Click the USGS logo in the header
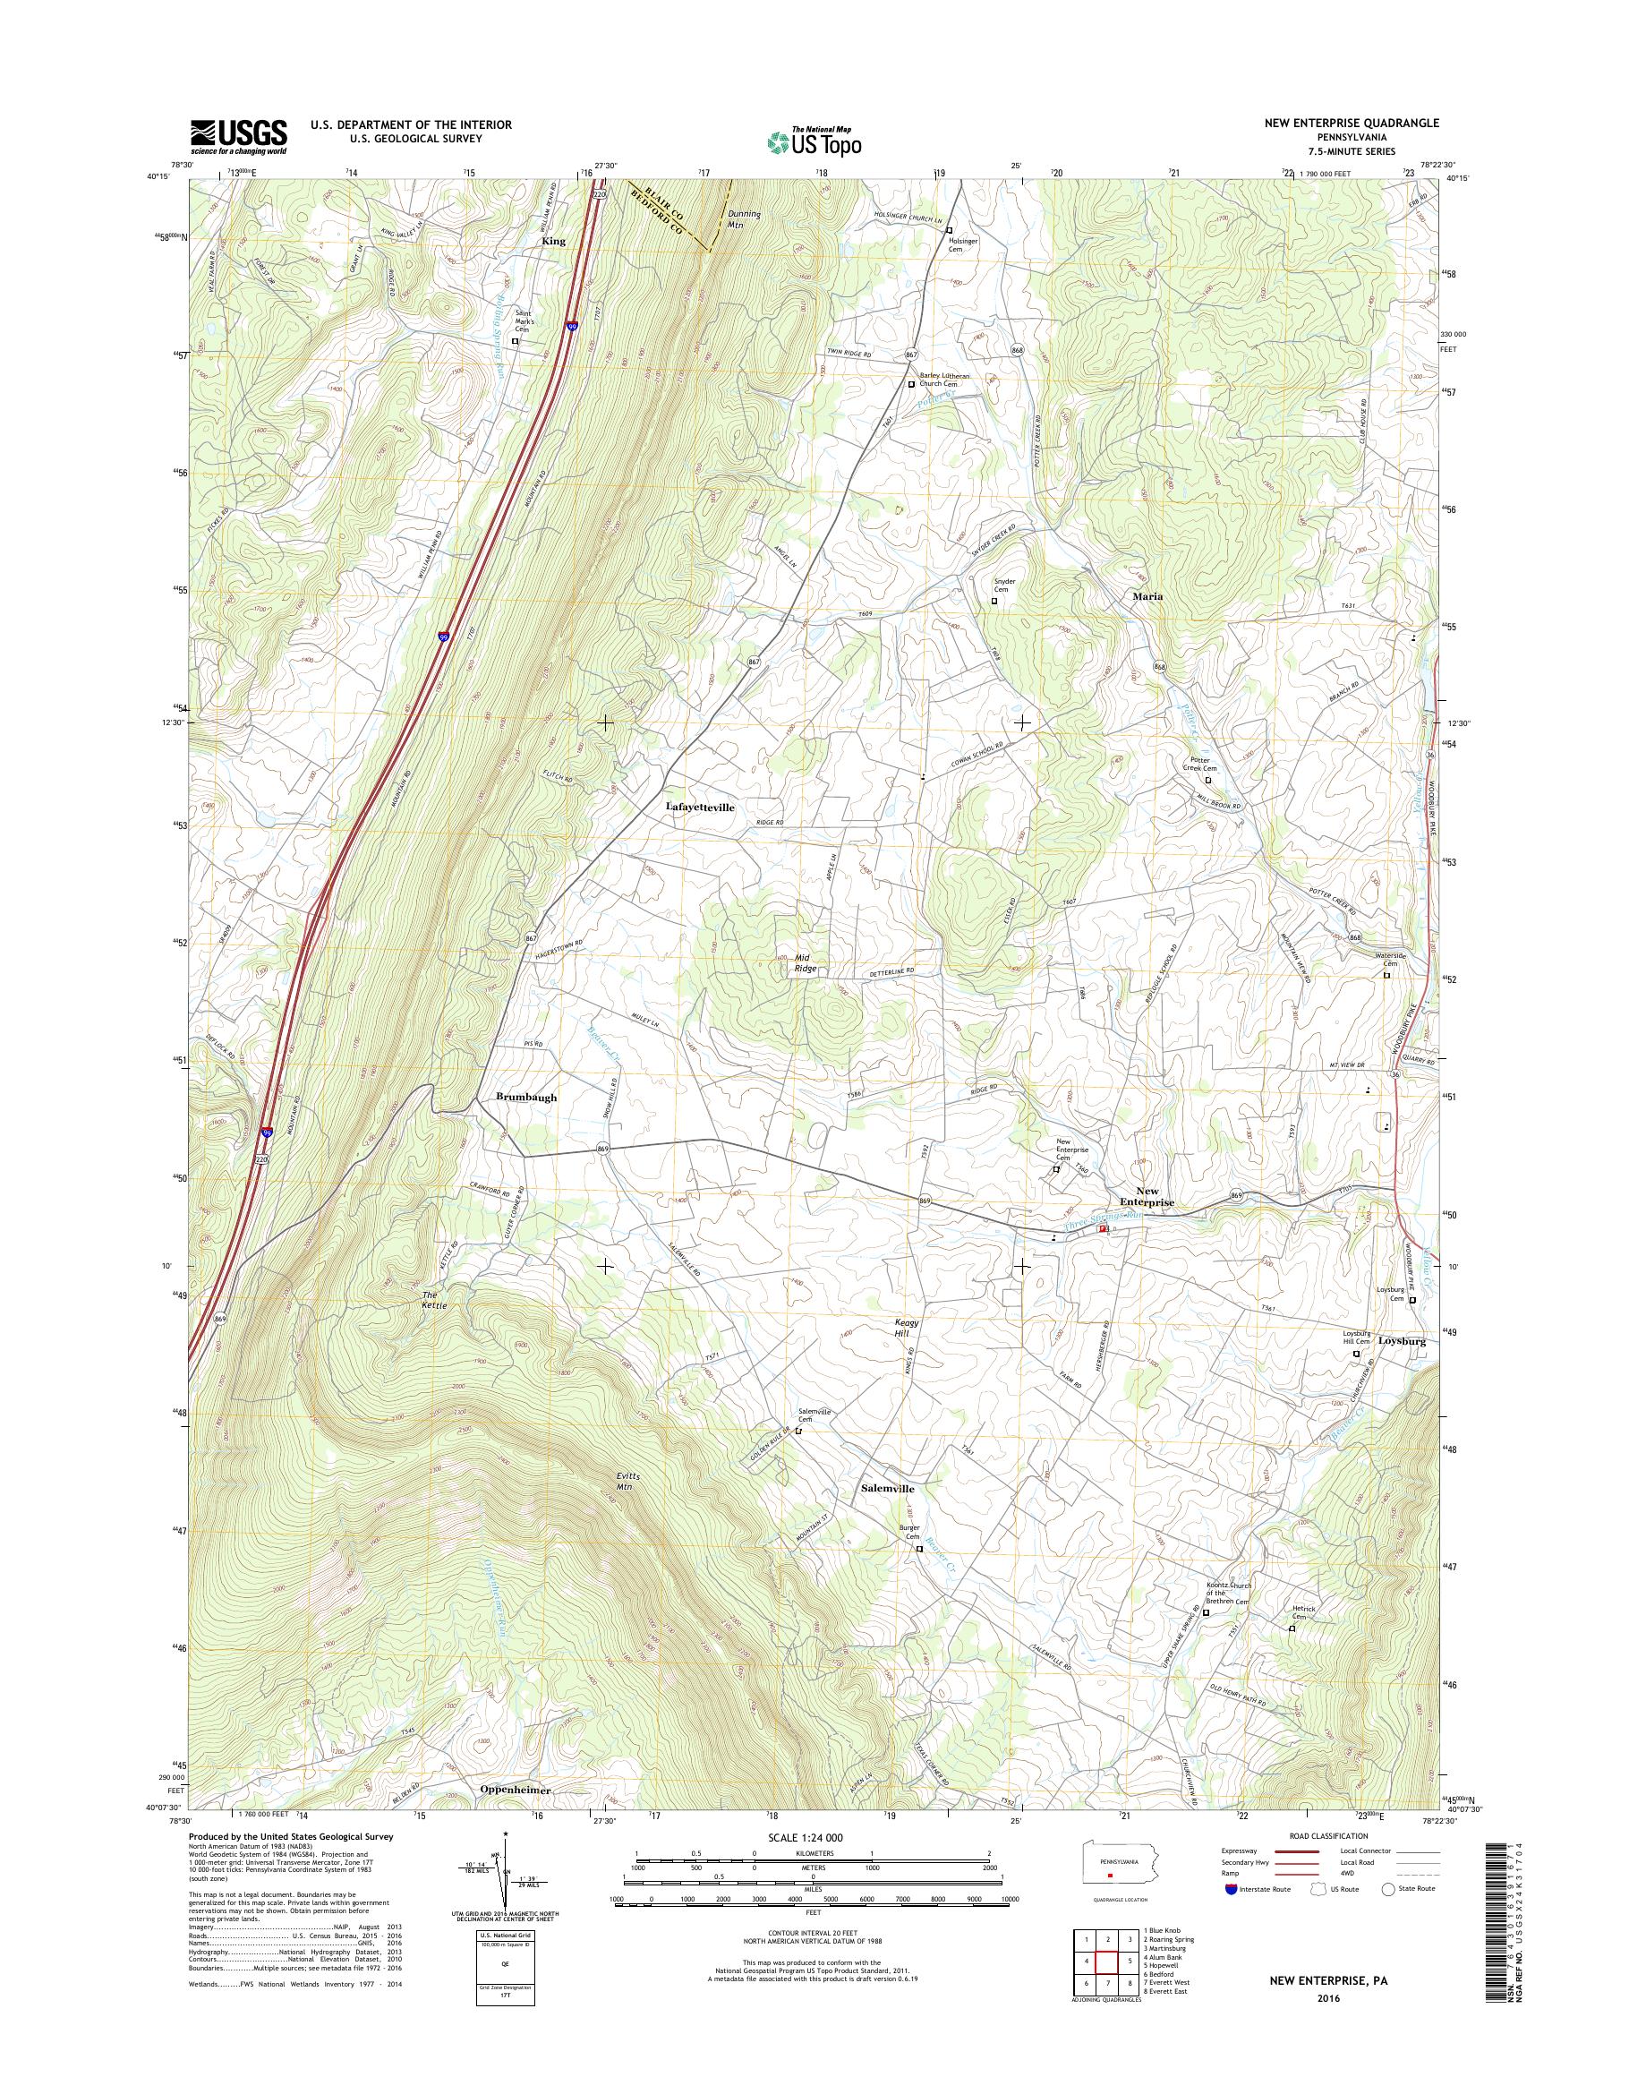[x=238, y=136]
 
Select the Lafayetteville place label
[x=700, y=808]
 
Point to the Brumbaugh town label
[x=525, y=1098]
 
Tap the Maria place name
[x=1147, y=596]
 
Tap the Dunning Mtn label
[x=743, y=219]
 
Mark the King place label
[x=553, y=242]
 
